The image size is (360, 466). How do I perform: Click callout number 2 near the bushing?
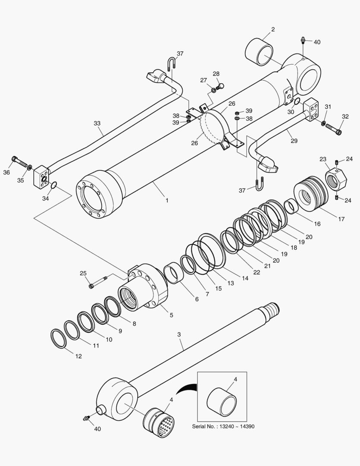pyautogui.click(x=273, y=30)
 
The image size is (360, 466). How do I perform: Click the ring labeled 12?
pyautogui.click(x=58, y=338)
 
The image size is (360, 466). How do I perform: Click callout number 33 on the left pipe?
pyautogui.click(x=97, y=123)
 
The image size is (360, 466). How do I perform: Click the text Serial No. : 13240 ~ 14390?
pyautogui.click(x=222, y=426)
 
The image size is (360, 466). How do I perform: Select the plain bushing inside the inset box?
pyautogui.click(x=222, y=401)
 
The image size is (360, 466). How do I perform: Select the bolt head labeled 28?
pyautogui.click(x=221, y=86)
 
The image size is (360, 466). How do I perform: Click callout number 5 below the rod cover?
pyautogui.click(x=171, y=315)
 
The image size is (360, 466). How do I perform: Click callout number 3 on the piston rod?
pyautogui.click(x=178, y=334)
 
